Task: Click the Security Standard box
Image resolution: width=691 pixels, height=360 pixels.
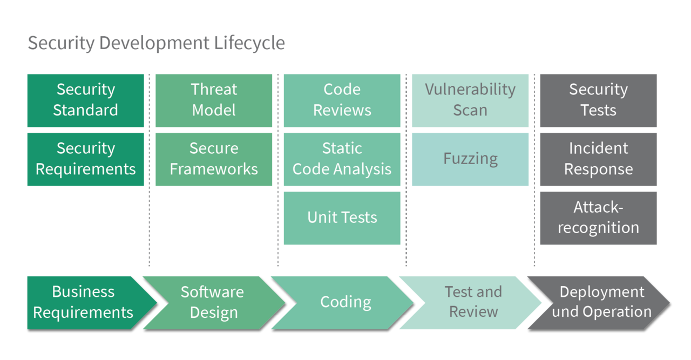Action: pyautogui.click(x=86, y=100)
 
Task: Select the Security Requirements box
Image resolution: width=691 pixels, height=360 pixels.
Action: pyautogui.click(x=86, y=159)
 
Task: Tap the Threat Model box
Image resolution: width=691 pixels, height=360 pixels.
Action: pyautogui.click(x=214, y=100)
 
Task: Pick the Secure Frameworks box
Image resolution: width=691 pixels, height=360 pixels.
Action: pyautogui.click(x=214, y=159)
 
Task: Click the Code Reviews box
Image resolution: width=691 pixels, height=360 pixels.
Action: pyautogui.click(x=342, y=100)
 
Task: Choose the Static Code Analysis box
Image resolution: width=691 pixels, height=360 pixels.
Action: pyautogui.click(x=342, y=159)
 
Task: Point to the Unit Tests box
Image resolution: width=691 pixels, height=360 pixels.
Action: pyautogui.click(x=342, y=218)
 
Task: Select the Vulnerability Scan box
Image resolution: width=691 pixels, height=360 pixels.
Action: pyautogui.click(x=470, y=100)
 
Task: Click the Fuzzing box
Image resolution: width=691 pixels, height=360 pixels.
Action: pyautogui.click(x=470, y=159)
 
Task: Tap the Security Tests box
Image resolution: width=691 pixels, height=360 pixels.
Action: pyautogui.click(x=599, y=100)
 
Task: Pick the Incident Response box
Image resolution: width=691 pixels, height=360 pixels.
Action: pyautogui.click(x=599, y=159)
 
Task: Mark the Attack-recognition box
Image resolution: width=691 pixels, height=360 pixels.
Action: pyautogui.click(x=599, y=218)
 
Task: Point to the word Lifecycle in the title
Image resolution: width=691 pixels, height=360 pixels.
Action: pyautogui.click(x=249, y=43)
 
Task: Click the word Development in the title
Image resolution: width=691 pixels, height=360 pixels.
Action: pyautogui.click(x=154, y=43)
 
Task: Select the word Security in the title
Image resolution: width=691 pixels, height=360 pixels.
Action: pyautogui.click(x=61, y=43)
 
